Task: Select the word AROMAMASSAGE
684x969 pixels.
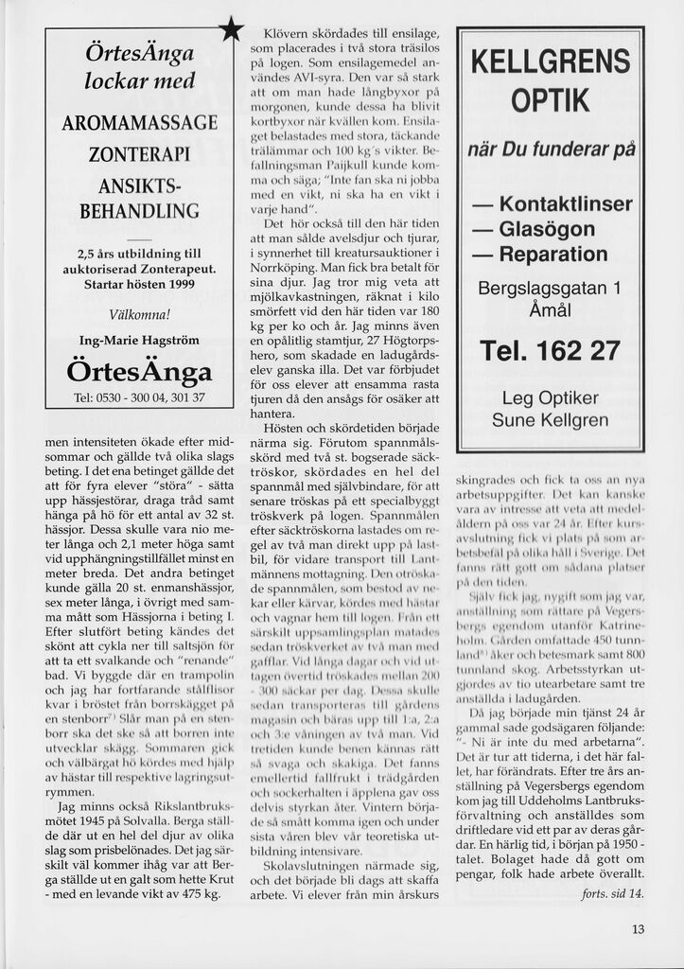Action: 139,123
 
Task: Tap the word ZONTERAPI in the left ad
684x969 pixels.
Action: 139,154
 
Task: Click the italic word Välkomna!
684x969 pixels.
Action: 139,313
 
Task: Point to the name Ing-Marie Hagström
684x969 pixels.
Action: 139,340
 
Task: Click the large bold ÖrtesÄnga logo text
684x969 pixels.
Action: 139,369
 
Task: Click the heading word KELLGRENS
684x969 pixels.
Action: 550,64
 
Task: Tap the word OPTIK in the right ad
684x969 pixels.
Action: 550,99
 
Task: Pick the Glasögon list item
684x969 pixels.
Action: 535,229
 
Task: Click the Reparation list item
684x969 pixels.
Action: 541,255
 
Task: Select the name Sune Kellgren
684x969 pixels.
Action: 550,419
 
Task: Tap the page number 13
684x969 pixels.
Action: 638,928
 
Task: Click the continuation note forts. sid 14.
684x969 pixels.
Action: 612,892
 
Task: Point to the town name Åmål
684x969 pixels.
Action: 550,309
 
